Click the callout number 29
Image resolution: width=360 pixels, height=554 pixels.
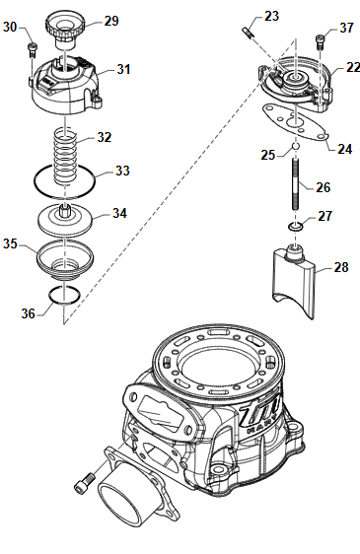(111, 21)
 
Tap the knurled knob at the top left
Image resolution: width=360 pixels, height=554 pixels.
(66, 30)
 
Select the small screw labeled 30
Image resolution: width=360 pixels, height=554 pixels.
(32, 50)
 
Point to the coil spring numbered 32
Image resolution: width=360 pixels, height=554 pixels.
(65, 157)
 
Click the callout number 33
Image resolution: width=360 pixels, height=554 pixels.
(122, 171)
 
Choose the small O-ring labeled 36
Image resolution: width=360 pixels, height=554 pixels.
(64, 295)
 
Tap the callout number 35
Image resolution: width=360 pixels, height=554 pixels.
(10, 243)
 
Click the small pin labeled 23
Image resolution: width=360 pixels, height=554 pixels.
(248, 33)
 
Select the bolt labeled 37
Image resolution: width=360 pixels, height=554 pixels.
(320, 42)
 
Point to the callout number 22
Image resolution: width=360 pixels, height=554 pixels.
(353, 67)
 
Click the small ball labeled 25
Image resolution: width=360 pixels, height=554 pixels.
(296, 146)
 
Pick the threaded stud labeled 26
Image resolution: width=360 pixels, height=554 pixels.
(296, 183)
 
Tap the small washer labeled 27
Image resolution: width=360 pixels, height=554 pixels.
(295, 227)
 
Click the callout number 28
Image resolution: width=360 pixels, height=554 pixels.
(341, 267)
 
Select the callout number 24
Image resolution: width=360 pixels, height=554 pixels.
(344, 149)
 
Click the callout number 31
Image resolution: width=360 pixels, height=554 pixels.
(123, 69)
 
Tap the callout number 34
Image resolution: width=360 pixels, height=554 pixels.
(119, 213)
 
